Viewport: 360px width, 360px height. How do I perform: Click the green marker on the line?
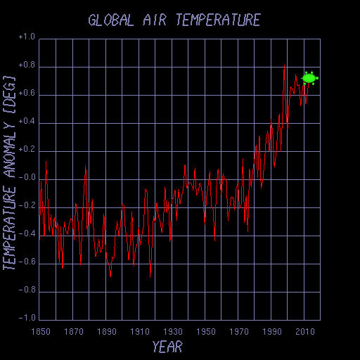coord(309,78)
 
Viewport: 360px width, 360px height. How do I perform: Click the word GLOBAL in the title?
coord(110,20)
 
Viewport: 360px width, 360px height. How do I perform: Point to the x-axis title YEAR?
coord(167,346)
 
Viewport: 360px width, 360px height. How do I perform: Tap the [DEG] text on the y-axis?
coord(10,94)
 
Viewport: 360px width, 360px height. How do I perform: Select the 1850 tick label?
coord(39,330)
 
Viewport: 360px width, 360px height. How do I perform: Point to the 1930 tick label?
coord(172,330)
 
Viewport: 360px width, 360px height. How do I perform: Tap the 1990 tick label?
coord(271,330)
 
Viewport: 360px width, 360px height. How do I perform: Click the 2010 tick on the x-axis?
coord(304,330)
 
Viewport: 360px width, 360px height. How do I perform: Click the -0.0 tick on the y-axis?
coord(26,178)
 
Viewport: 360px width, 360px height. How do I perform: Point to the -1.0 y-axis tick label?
coord(26,318)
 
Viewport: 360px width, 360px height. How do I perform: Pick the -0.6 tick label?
coord(26,262)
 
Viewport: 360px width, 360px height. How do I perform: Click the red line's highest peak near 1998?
coord(284,65)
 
